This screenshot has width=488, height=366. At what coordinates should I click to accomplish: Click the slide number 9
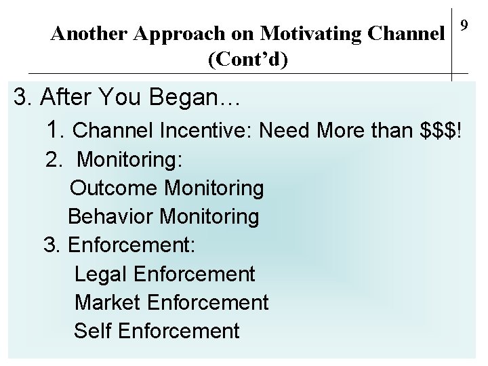(464, 26)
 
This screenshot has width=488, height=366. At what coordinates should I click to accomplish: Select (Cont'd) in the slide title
(248, 59)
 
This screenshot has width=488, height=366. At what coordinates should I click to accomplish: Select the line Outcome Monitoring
(167, 188)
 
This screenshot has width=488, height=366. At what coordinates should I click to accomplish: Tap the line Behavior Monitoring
(163, 217)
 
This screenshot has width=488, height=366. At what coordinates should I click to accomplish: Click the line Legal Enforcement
(165, 274)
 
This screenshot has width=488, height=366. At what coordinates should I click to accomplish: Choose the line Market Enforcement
(171, 302)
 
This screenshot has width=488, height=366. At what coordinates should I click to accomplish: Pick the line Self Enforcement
(157, 331)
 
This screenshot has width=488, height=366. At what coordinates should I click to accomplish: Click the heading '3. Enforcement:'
(120, 245)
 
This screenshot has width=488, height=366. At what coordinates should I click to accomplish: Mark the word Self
(93, 331)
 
